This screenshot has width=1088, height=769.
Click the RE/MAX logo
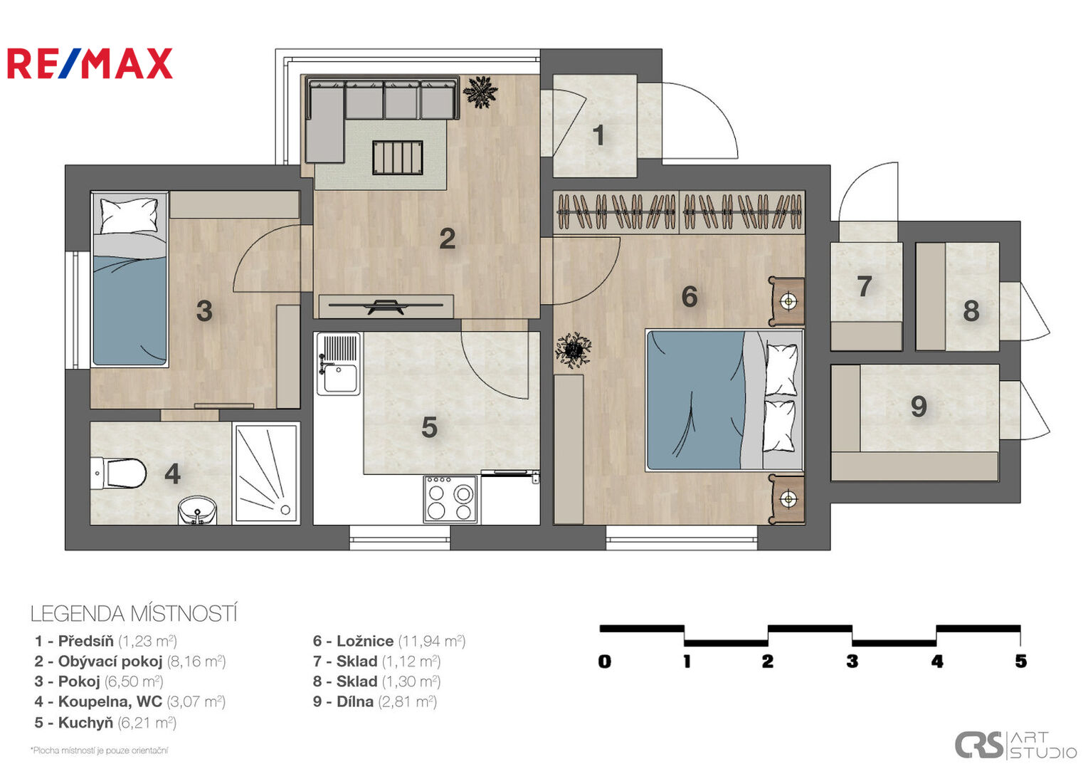(90, 63)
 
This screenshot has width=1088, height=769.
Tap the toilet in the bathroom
(118, 473)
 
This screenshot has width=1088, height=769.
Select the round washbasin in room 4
(198, 511)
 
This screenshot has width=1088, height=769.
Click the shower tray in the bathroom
(265, 473)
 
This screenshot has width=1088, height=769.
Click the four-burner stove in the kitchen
(450, 499)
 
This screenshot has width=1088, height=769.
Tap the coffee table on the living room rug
(397, 157)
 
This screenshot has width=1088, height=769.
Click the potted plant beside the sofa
(480, 91)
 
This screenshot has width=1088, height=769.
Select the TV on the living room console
(386, 306)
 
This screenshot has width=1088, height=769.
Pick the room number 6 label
(690, 296)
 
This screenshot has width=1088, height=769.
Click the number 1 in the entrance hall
(599, 135)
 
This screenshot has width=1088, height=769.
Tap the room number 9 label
(919, 407)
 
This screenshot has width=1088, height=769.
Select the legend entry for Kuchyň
(105, 722)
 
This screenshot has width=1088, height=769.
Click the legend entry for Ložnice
(389, 641)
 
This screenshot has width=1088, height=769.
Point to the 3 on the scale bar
(852, 661)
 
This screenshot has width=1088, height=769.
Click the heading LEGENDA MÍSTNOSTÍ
(134, 614)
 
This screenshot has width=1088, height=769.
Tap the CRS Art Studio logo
(1015, 746)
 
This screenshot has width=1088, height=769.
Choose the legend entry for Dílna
(375, 701)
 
